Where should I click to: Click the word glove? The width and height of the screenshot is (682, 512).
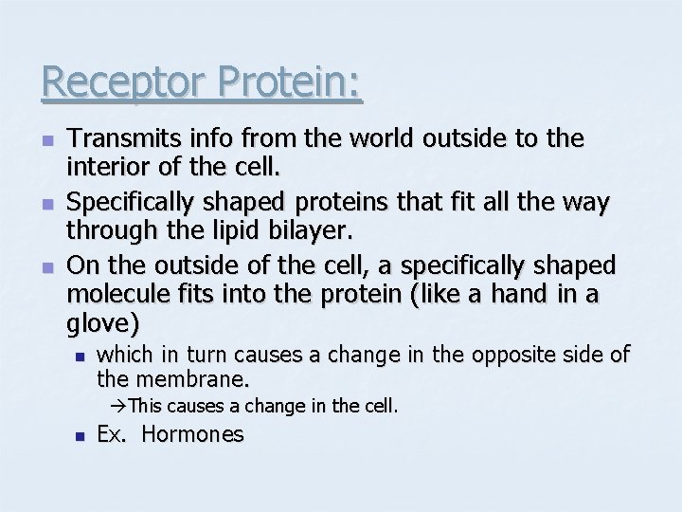point(103,323)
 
